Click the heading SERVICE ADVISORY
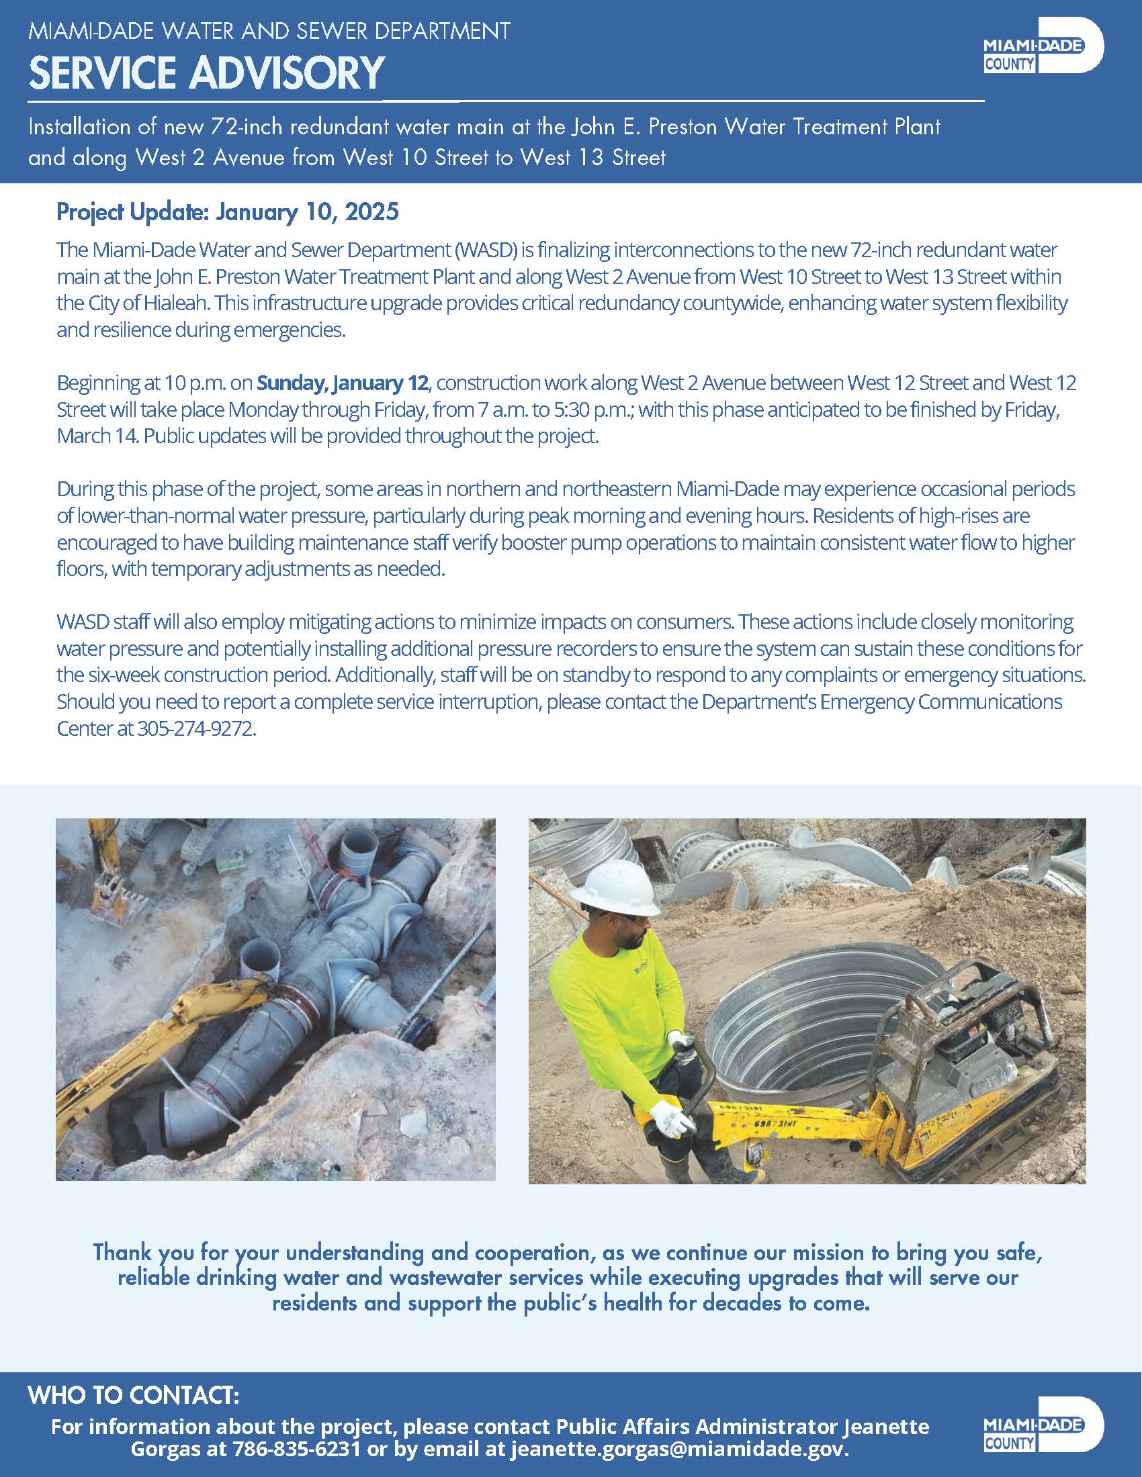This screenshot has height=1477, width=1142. coord(206,73)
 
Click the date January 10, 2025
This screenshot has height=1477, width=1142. coord(307,212)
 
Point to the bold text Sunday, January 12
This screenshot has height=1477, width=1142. coord(343,383)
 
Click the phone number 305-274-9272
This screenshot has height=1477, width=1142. coord(196,728)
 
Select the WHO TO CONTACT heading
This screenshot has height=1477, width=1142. coord(134,1395)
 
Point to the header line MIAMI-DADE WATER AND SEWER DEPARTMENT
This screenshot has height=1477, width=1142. coord(269,30)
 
